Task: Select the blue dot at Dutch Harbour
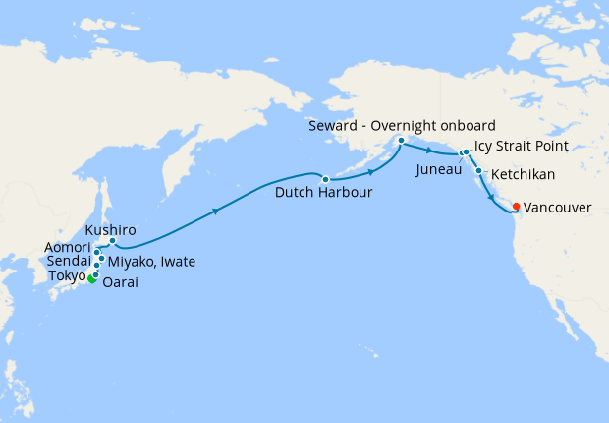pos(325,178)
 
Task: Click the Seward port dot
pos(401,141)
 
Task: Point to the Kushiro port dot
pos(113,241)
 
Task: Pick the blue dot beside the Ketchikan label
pos(478,172)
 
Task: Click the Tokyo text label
pos(66,275)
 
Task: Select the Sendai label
pos(69,261)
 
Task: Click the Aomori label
pos(68,247)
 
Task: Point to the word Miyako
pos(133,261)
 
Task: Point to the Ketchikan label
pos(523,175)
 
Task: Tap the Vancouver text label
pos(558,208)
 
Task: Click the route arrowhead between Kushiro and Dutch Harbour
pos(215,210)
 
